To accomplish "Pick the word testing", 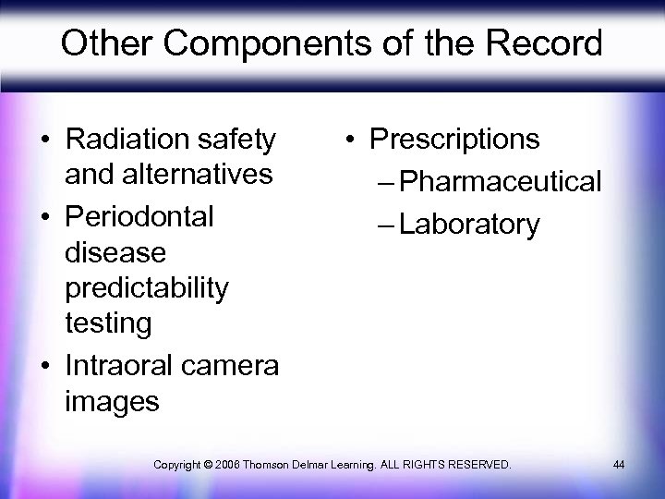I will click(108, 323).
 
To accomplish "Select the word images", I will click(112, 401).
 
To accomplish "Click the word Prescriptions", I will click(454, 140).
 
